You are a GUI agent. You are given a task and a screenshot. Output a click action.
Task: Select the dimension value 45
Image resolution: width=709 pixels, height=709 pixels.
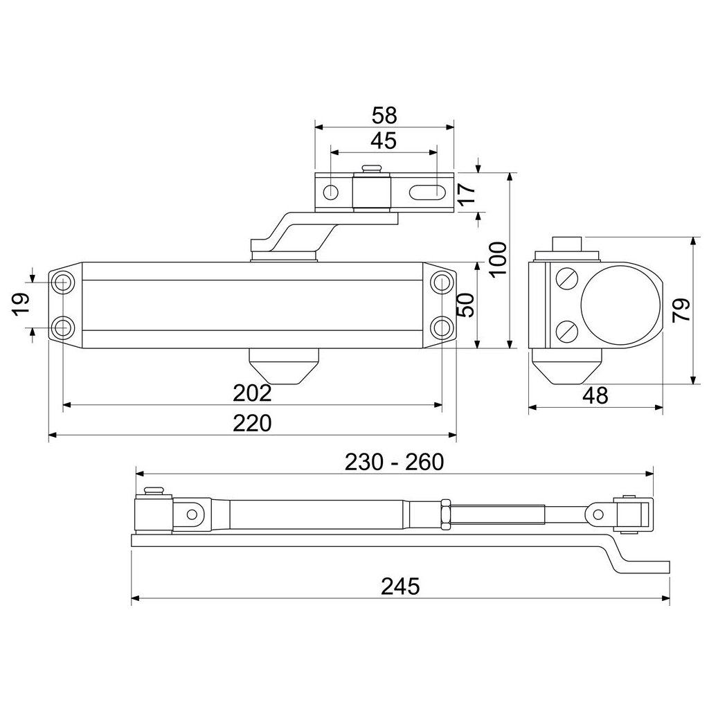tap(384, 141)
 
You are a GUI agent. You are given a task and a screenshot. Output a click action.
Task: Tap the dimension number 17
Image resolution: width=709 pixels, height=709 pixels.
tap(467, 191)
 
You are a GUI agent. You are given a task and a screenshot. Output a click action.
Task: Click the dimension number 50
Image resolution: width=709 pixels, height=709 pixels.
tap(467, 305)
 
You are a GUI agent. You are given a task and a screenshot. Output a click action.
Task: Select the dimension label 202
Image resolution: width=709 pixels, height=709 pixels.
tap(252, 393)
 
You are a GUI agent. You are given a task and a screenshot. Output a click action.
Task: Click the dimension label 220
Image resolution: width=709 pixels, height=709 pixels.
tap(252, 423)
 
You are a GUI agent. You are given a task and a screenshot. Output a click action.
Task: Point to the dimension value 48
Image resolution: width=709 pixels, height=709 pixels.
tap(595, 396)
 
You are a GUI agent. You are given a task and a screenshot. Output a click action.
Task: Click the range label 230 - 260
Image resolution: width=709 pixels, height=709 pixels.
tap(393, 462)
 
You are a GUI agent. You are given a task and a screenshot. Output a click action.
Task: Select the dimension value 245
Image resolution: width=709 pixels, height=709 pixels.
tap(400, 587)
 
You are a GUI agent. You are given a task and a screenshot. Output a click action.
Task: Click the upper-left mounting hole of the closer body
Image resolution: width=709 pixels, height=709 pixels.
tap(64, 282)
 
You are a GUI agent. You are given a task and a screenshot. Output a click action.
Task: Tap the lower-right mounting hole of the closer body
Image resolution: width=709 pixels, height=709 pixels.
tap(441, 325)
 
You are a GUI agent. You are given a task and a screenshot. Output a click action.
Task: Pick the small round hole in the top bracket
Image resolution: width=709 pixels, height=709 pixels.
tap(333, 192)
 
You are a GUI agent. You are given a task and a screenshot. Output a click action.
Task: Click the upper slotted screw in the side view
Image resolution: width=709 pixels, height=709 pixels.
tap(567, 279)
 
